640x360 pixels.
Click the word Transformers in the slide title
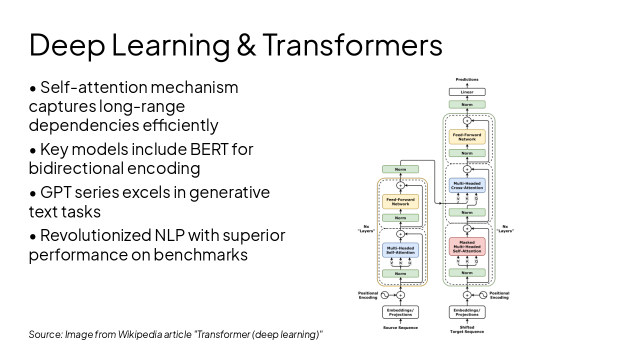click(352, 44)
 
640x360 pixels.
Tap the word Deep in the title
click(67, 44)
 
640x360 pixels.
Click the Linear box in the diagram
click(467, 92)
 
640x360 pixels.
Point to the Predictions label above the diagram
click(467, 79)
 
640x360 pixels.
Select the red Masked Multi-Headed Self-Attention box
click(467, 246)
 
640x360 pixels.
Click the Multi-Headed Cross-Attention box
click(467, 185)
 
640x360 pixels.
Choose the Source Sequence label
click(400, 328)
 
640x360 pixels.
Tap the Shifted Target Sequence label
click(467, 329)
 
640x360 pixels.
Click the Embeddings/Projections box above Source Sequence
click(400, 312)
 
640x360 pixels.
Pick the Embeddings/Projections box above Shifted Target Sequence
click(467, 312)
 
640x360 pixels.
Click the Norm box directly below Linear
click(467, 104)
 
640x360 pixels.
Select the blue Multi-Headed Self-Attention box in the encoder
click(400, 250)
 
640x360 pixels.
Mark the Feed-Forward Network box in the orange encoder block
click(400, 201)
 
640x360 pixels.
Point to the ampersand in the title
click(246, 44)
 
